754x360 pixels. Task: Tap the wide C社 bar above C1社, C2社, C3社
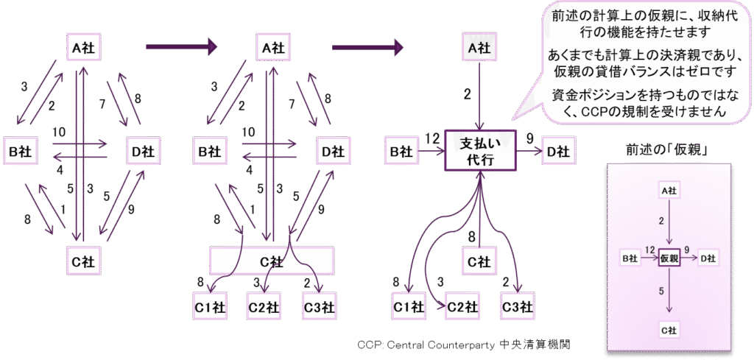tap(272, 260)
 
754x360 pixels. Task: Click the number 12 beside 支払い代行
tap(431, 138)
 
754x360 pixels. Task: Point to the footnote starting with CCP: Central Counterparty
tap(463, 344)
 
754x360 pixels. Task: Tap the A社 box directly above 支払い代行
tap(480, 48)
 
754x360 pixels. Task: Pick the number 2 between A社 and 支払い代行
tap(467, 93)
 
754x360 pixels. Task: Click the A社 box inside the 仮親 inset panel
tap(669, 191)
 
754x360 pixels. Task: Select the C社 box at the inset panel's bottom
tap(669, 330)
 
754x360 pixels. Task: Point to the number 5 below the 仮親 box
tap(663, 292)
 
